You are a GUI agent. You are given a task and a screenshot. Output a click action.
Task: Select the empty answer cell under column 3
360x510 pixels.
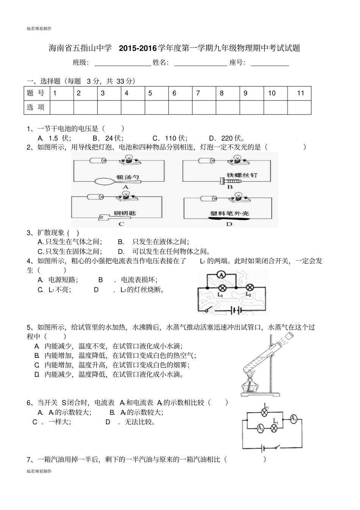tap(109, 107)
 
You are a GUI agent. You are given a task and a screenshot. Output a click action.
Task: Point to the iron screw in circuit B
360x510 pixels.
tap(230, 182)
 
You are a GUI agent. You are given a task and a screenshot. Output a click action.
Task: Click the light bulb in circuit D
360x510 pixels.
tap(238, 196)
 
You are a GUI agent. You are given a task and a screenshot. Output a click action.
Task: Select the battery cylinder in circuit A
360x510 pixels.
tap(97, 161)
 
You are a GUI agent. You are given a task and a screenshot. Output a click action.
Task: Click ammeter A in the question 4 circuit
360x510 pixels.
tap(221, 274)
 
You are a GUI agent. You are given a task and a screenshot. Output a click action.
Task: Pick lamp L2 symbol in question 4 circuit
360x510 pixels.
tap(250, 287)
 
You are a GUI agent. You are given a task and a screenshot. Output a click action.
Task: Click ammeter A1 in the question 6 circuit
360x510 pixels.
tap(293, 419)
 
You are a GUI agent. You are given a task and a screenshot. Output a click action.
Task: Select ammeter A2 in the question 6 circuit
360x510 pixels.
tap(260, 428)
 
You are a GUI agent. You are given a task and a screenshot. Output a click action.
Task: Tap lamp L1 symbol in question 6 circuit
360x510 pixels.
tap(266, 413)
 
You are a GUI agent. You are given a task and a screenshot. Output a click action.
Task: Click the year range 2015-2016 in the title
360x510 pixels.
tap(138, 48)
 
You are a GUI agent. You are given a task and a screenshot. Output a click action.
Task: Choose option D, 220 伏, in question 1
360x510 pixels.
tap(227, 138)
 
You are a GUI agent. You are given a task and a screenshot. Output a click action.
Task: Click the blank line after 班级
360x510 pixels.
tap(122, 63)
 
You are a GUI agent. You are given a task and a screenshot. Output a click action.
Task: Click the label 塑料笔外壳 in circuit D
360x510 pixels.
tap(229, 214)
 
